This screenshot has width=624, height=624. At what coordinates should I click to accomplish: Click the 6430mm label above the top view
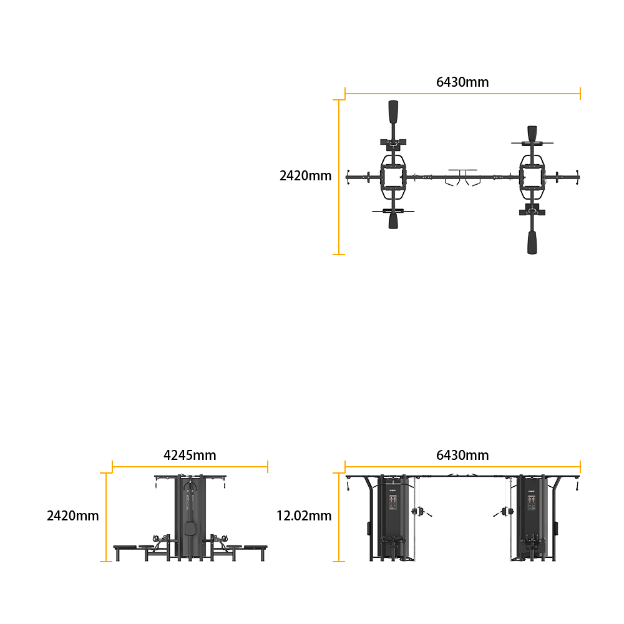[x=462, y=82]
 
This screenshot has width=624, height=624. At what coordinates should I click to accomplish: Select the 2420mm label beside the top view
[x=305, y=175]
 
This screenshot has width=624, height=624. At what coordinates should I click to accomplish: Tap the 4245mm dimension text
[x=190, y=455]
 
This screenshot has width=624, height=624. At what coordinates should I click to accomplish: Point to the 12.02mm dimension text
[x=304, y=516]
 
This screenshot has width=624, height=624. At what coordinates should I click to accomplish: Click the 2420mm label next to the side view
[x=73, y=516]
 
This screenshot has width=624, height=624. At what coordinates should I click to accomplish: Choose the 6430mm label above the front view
[x=462, y=455]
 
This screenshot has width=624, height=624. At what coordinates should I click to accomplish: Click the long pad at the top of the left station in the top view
[x=393, y=112]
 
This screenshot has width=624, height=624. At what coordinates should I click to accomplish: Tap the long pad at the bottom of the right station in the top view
[x=532, y=242]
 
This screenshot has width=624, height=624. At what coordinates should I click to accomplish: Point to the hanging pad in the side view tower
[x=190, y=529]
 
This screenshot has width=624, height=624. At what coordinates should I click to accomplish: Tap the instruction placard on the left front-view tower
[x=392, y=502]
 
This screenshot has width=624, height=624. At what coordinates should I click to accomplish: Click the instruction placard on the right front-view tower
[x=531, y=502]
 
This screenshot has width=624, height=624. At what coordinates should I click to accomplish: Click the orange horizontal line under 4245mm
[x=190, y=467]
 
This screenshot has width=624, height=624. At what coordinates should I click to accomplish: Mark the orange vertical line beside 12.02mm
[x=339, y=517]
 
